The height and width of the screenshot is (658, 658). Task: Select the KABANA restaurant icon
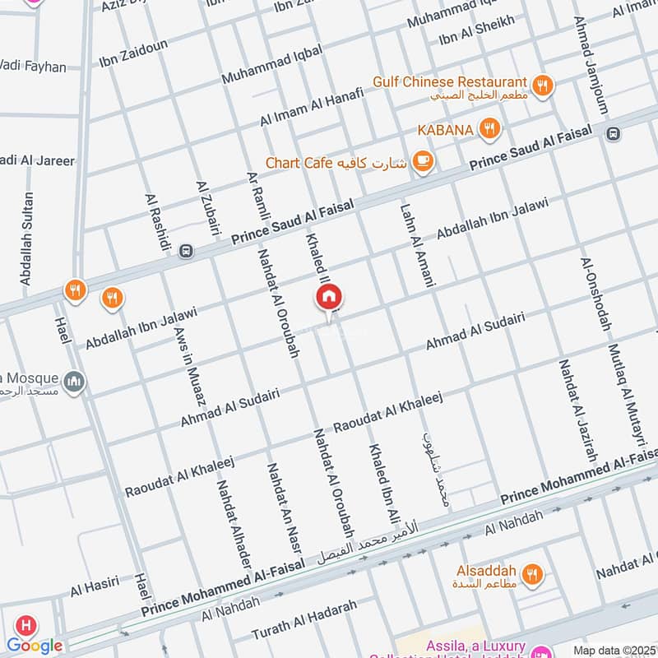click(x=489, y=128)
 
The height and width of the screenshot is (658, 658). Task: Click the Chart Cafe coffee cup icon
click(x=423, y=161)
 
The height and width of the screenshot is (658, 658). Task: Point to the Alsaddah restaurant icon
click(x=532, y=573)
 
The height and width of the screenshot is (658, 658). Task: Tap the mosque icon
click(x=74, y=382)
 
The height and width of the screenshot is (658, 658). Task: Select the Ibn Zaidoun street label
click(x=133, y=52)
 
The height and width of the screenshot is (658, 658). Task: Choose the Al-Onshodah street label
click(x=595, y=293)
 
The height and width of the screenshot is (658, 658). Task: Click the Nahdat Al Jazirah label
click(x=576, y=410)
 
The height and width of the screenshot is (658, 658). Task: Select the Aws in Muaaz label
click(x=188, y=366)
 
